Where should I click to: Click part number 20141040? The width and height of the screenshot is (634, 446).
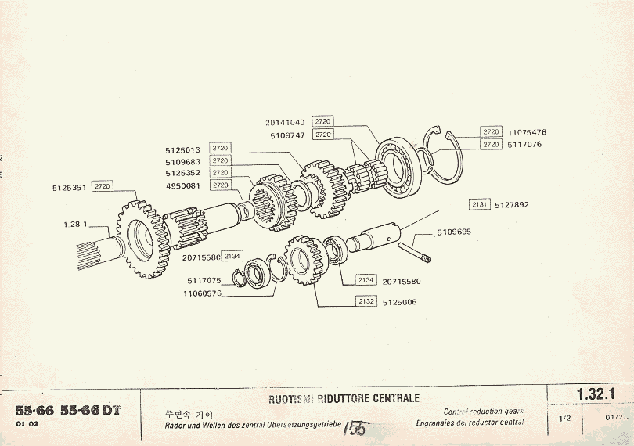pyautogui.click(x=285, y=122)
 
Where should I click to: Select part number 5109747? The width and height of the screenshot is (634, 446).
pyautogui.click(x=287, y=135)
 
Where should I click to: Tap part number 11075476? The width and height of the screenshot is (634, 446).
pyautogui.click(x=526, y=132)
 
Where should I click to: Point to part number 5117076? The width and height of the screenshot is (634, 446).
pyautogui.click(x=524, y=145)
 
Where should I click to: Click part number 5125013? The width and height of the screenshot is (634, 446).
pyautogui.click(x=183, y=149)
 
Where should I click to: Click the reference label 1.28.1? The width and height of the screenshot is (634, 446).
pyautogui.click(x=74, y=224)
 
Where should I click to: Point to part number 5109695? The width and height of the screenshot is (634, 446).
pyautogui.click(x=455, y=232)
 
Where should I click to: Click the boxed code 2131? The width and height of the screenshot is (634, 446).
pyautogui.click(x=480, y=204)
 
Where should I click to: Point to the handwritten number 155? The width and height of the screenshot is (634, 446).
pyautogui.click(x=356, y=430)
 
